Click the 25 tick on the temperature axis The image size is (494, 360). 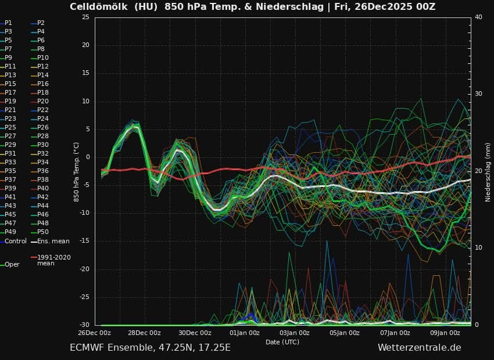pos(85,17)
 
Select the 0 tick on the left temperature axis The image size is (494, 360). pos(87,157)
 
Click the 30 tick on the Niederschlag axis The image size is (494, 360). pos(478,94)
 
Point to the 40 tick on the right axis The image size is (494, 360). pos(478,17)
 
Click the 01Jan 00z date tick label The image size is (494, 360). pos(245,333)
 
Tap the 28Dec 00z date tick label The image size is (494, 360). pos(144,333)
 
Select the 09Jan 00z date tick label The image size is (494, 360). pos(446,333)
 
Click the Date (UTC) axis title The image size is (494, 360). pos(282,342)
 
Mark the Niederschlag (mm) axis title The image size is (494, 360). pos(488,172)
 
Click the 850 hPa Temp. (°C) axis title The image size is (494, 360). pos(76,172)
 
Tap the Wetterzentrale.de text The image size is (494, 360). pos(419,348)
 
